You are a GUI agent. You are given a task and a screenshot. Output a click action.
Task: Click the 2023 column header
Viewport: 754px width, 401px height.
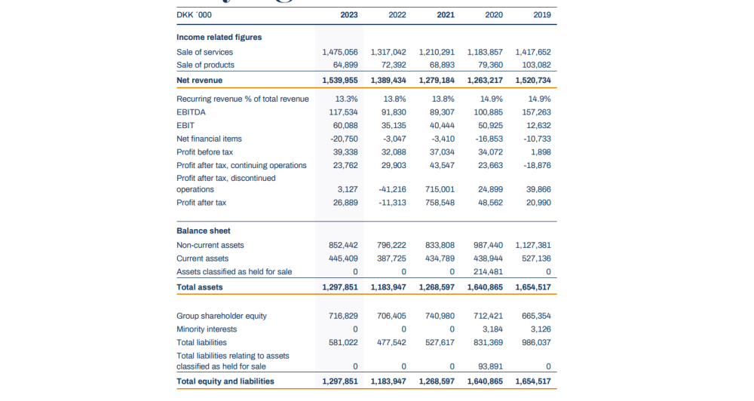point(348,14)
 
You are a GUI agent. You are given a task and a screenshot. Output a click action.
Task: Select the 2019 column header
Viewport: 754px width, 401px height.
point(541,14)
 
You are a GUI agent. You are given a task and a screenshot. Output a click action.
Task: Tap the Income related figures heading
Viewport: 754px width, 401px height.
point(219,37)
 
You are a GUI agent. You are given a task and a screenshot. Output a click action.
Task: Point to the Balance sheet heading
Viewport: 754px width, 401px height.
point(204,231)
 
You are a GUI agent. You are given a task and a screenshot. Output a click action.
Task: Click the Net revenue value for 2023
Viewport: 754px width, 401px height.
point(340,80)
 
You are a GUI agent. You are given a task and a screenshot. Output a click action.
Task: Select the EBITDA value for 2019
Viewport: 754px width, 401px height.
point(534,112)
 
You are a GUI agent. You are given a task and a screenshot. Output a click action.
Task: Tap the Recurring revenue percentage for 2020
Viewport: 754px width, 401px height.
point(492,99)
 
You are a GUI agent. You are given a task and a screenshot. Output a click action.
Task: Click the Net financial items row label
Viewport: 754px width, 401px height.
point(209,139)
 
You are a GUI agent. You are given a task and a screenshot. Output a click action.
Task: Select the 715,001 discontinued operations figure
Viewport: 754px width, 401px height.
point(440,189)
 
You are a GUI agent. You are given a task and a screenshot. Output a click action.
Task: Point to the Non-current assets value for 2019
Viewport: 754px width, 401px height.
point(533,245)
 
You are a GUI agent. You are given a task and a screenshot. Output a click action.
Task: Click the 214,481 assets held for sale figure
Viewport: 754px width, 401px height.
point(486,271)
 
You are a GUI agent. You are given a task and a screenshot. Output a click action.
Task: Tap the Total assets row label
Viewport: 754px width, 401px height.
point(199,287)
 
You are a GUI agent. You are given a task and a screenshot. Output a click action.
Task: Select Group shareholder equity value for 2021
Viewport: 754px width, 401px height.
point(440,316)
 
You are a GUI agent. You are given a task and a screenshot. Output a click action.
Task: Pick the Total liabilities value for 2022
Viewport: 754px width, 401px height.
point(392,342)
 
